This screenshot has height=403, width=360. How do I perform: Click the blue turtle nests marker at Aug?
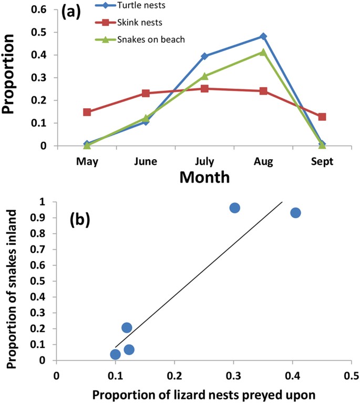click(x=263, y=36)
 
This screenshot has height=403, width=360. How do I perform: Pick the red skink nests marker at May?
click(x=87, y=112)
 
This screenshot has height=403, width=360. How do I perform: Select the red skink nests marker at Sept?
click(x=322, y=117)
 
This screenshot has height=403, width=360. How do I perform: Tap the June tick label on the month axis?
click(x=146, y=161)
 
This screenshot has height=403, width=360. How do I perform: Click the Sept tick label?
click(x=322, y=161)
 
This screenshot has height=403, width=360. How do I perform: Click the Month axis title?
click(x=204, y=177)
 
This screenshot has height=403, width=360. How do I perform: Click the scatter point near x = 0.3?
click(x=234, y=208)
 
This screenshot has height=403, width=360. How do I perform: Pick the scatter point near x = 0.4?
click(x=295, y=213)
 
